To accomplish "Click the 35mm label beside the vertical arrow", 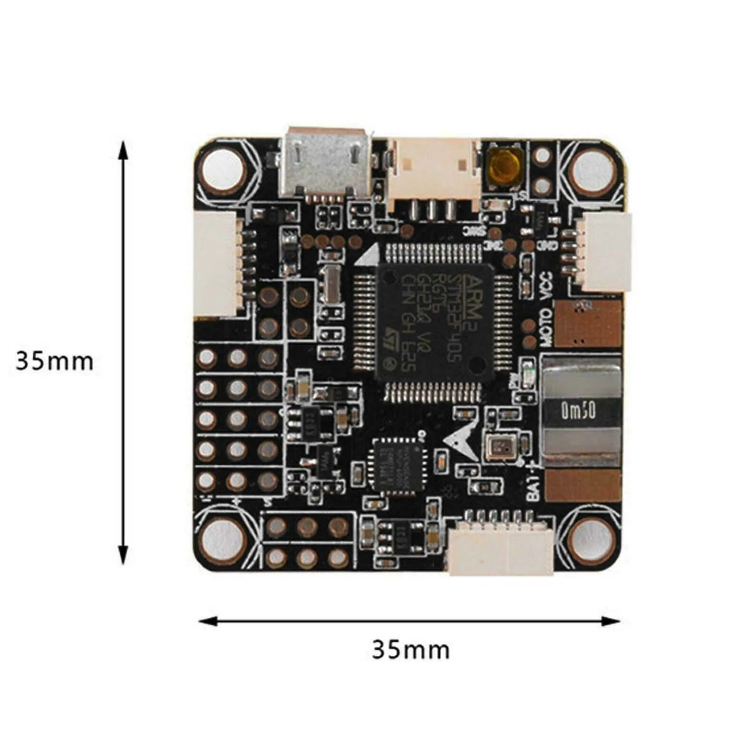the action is point(54,361).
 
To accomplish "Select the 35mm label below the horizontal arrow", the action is point(410,650).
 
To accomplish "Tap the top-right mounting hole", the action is point(592,169).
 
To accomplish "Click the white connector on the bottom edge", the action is point(501,552).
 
